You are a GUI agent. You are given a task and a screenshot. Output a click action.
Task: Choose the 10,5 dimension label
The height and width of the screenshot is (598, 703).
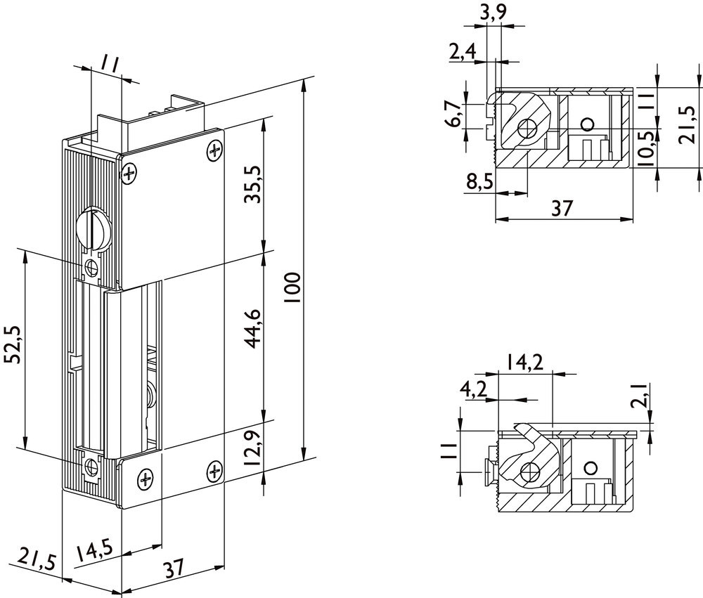coord(647,145)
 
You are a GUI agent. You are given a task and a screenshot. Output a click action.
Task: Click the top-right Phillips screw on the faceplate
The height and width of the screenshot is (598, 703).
coord(215,151)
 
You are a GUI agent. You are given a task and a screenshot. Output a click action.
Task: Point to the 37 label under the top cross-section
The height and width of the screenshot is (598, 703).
coord(562,208)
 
